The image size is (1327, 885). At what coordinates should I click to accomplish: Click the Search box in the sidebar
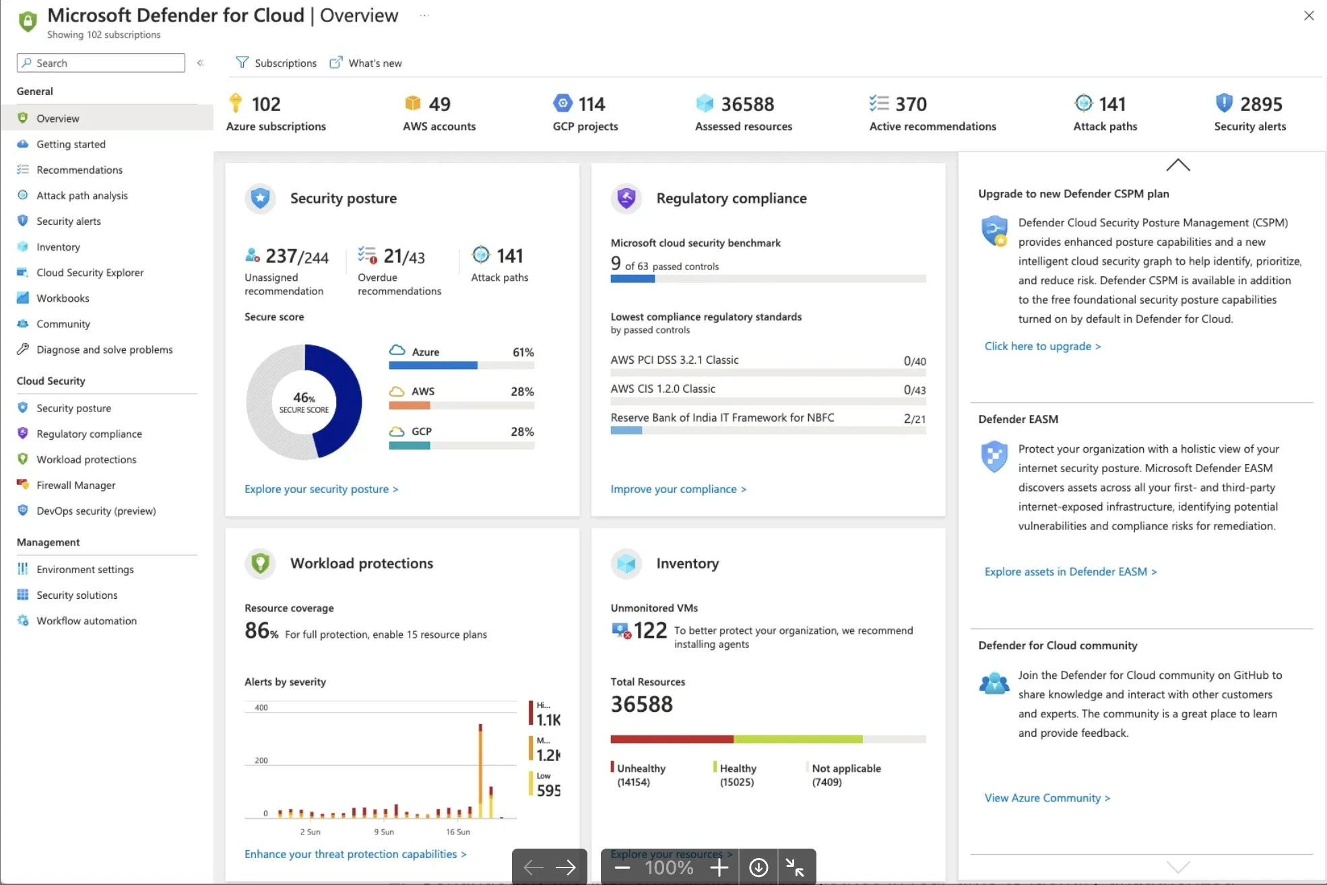pos(101,63)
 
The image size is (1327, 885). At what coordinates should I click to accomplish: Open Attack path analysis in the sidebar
pos(82,195)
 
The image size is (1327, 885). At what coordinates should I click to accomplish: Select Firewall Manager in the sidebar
pos(75,485)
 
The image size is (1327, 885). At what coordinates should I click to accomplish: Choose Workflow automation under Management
pos(86,620)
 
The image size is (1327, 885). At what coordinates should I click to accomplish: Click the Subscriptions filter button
pos(276,63)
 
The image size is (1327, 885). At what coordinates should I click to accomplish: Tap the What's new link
pos(366,63)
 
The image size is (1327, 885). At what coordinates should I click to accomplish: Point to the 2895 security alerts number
pos(1261,104)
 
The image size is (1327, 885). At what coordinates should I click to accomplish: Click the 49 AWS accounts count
pos(439,104)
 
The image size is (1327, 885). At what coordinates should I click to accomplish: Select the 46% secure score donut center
pos(304,402)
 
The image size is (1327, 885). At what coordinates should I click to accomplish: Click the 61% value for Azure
pos(523,352)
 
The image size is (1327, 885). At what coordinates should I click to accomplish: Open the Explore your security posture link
pos(321,489)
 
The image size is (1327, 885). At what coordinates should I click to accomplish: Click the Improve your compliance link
pos(678,489)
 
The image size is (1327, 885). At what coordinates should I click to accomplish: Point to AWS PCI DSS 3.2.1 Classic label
pos(674,360)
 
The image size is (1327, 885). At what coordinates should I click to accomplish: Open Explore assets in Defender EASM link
pos(1070,572)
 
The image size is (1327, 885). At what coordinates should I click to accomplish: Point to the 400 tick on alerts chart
pos(261,707)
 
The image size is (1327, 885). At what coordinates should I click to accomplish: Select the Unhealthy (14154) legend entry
pos(638,775)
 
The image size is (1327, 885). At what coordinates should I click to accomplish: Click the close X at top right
pos(1309,15)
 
